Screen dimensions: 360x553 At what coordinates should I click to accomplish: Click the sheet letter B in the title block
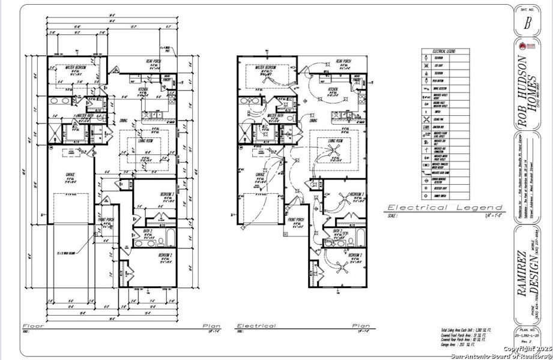coord(527,23)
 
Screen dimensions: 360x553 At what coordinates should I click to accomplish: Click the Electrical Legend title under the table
coord(436,207)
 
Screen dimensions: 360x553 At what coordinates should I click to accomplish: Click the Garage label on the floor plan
coord(70,175)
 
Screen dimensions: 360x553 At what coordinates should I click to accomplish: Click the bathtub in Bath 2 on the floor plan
coord(168,238)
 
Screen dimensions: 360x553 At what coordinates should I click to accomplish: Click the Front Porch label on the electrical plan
coord(296,220)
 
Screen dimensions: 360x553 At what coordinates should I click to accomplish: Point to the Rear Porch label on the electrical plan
coord(343,61)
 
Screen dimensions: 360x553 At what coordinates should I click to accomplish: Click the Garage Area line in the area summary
coord(457,346)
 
